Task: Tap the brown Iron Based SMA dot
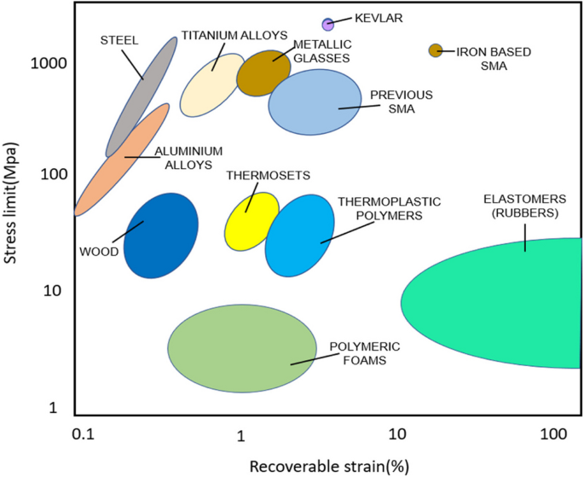click(x=436, y=50)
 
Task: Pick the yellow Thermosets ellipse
click(x=252, y=222)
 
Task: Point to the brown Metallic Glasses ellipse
click(x=264, y=73)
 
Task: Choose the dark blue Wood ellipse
click(x=161, y=236)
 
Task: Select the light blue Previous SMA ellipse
click(x=315, y=102)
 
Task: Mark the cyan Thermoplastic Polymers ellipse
click(x=299, y=236)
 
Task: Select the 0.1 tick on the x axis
click(x=84, y=435)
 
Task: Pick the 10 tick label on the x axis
click(x=397, y=435)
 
